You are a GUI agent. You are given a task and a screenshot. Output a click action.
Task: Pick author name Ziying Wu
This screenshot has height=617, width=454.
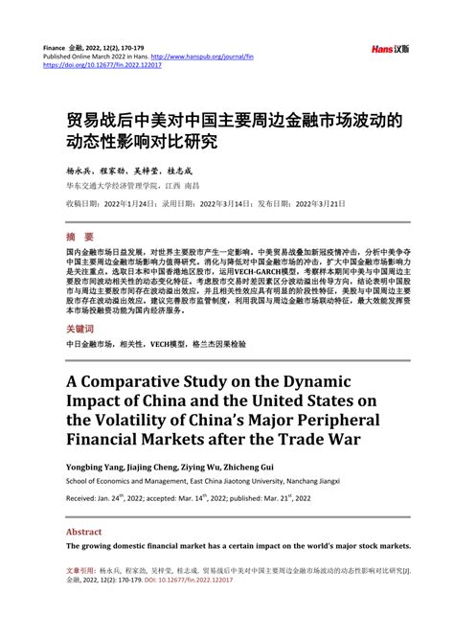point(226,465)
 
